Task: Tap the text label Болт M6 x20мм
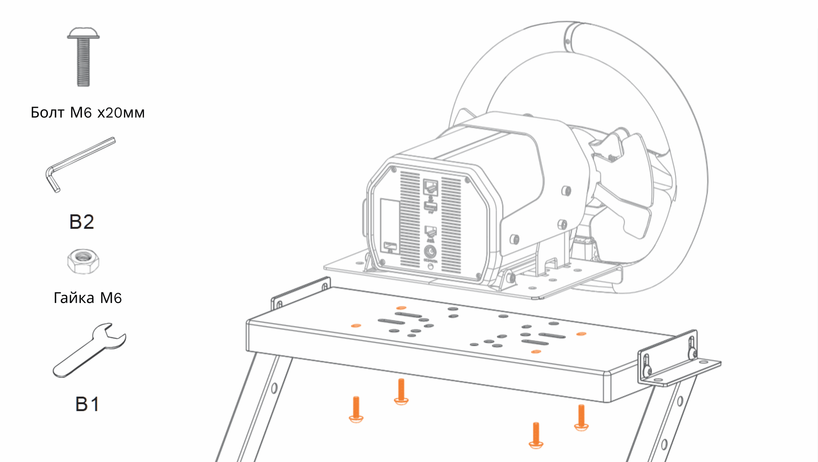tap(88, 113)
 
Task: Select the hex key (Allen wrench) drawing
tap(80, 164)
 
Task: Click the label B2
tap(82, 222)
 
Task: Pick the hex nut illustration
tap(83, 261)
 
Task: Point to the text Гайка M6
tap(88, 298)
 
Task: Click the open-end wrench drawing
tap(89, 350)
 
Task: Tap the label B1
tap(87, 404)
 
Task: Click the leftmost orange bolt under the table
tap(356, 410)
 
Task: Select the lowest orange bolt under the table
tap(536, 435)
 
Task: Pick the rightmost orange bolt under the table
tap(581, 418)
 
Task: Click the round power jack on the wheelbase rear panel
tap(430, 252)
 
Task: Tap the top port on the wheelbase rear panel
tap(430, 187)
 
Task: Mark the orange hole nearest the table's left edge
tap(356, 326)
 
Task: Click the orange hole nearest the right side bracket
tap(581, 334)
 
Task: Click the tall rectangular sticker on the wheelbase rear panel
tap(390, 227)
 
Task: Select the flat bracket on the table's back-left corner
tap(300, 293)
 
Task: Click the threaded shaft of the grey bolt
tap(83, 62)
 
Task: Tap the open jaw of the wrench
tap(112, 335)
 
